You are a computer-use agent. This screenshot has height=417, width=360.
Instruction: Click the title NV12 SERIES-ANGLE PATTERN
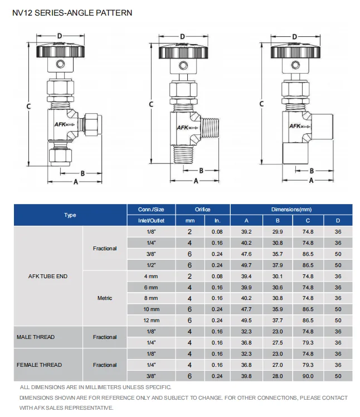72,12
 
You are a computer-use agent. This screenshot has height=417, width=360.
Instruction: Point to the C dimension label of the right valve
262,104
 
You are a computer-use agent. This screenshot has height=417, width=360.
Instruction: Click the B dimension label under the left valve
82,173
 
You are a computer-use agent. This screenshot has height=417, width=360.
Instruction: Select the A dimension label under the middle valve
196,181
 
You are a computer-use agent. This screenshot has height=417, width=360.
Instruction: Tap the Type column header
70,215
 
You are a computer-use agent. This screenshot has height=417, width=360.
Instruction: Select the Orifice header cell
202,210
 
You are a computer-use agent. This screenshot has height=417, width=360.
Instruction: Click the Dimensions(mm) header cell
291,210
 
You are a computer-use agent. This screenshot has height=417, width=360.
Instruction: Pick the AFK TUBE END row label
48,276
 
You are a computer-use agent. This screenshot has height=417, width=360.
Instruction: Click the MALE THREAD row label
36,337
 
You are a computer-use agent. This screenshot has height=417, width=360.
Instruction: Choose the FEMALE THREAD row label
39,365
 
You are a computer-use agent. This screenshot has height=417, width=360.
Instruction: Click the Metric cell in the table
105,298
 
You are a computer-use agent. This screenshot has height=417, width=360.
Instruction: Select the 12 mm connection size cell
151,321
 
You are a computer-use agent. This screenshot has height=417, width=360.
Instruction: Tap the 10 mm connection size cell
151,309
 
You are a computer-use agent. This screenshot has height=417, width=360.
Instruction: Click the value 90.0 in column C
308,376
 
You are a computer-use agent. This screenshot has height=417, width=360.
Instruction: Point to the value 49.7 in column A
246,265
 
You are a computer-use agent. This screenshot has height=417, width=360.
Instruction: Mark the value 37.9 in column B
277,265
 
